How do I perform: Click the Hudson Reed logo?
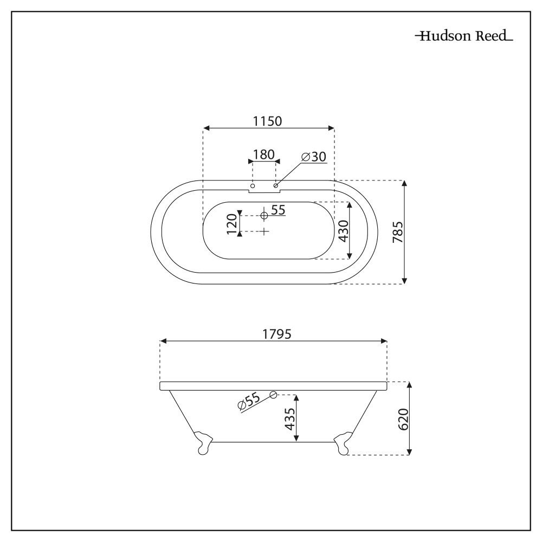[464, 37]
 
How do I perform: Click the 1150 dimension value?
[268, 121]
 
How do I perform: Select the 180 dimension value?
[264, 154]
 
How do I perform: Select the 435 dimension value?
[290, 418]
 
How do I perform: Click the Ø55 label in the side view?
[249, 402]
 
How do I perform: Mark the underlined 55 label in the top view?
[278, 210]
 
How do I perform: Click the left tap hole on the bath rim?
[253, 186]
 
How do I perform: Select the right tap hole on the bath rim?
[276, 186]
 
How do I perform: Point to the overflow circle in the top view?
[264, 216]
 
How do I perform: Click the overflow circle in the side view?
[273, 395]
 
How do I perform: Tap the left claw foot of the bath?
[203, 442]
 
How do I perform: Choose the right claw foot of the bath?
[343, 442]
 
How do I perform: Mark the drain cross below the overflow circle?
[264, 231]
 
